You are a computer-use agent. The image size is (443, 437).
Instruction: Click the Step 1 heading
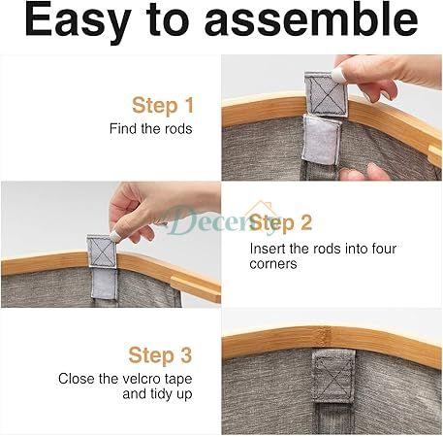(x=163, y=106)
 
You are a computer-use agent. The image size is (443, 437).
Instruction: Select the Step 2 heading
(x=281, y=223)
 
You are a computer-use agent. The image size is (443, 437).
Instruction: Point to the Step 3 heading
(x=160, y=355)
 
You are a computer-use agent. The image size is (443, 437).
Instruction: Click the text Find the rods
(x=151, y=128)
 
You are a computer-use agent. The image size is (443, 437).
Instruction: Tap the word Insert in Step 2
(x=268, y=249)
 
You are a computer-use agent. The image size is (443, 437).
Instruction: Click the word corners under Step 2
(x=273, y=263)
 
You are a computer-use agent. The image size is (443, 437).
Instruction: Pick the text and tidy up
(x=157, y=394)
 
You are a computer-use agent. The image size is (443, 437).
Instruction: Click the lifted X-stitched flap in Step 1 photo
(x=326, y=94)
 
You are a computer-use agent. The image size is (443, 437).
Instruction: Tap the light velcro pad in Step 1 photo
(x=321, y=139)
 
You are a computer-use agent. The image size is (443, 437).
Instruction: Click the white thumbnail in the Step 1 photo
(x=338, y=76)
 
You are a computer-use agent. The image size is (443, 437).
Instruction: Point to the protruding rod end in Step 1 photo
(x=435, y=155)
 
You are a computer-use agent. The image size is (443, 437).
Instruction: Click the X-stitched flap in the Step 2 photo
(x=102, y=252)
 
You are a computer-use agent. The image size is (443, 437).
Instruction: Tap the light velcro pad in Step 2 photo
(x=104, y=284)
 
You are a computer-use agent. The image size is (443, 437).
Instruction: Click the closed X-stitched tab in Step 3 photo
(x=333, y=377)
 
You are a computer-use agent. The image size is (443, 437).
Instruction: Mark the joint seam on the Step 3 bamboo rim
(x=324, y=337)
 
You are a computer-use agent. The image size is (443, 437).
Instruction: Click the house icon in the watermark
(x=261, y=210)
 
